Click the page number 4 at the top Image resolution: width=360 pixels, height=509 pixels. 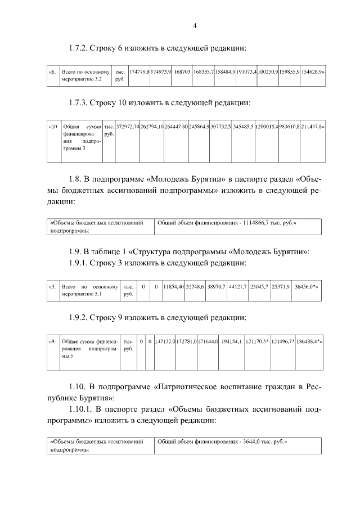tap(195, 25)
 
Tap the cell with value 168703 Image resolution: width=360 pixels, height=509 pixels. tap(182, 73)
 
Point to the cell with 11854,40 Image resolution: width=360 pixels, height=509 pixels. tap(173, 287)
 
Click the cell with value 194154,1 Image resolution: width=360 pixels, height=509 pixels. tap(232, 341)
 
